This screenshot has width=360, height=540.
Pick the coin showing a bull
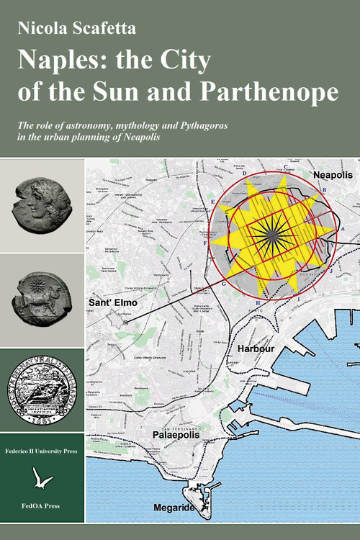coord(42,299)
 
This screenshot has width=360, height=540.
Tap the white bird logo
coord(42,477)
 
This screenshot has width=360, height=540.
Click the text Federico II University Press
coord(42,447)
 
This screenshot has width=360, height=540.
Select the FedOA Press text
coord(42,506)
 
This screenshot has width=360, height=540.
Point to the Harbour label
coord(256,348)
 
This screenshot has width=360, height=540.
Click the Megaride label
coord(174,508)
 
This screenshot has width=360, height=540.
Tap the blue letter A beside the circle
coord(343,228)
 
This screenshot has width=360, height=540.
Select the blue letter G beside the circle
coord(224,284)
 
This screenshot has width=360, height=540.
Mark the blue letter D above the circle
coord(245,174)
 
